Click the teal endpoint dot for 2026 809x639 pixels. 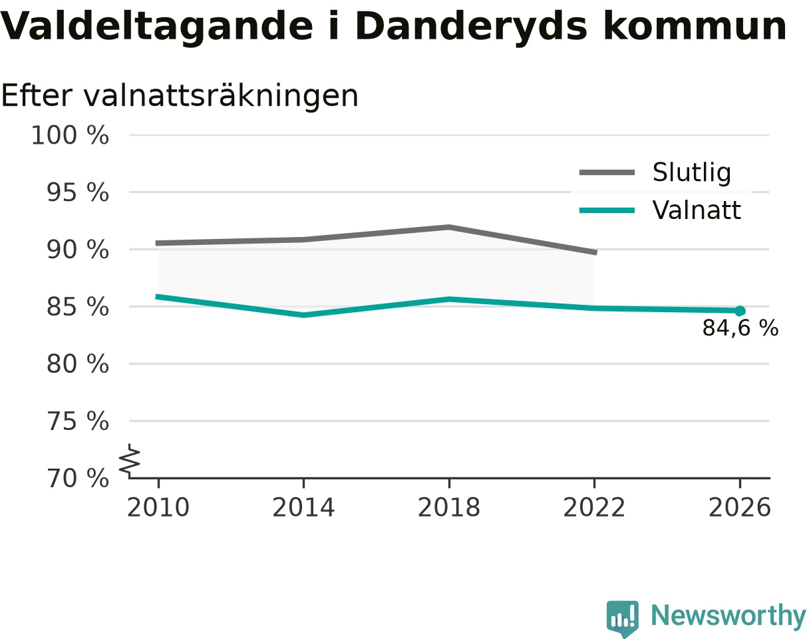click(x=740, y=311)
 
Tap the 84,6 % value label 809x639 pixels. click(x=740, y=328)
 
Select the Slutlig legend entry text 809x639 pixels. click(x=692, y=173)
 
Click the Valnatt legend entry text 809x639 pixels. click(x=697, y=210)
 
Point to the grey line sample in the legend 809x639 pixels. click(x=607, y=172)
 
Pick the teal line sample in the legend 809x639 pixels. click(x=607, y=210)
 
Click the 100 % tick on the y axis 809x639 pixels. click(x=70, y=135)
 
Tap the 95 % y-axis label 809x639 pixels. click(x=77, y=192)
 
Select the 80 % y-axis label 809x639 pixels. click(x=77, y=364)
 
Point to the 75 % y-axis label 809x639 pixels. click(x=77, y=421)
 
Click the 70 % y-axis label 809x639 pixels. click(x=77, y=479)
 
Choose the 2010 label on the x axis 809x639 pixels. click(x=158, y=508)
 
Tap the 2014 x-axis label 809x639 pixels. click(x=303, y=508)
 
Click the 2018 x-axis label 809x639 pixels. click(x=449, y=508)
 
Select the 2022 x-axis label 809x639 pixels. click(x=594, y=508)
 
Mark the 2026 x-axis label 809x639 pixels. click(x=739, y=508)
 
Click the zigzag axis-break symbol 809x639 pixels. click(x=130, y=459)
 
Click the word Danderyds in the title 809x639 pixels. click(x=471, y=27)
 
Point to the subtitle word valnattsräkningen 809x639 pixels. click(x=221, y=97)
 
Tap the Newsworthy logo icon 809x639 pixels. click(x=623, y=616)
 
